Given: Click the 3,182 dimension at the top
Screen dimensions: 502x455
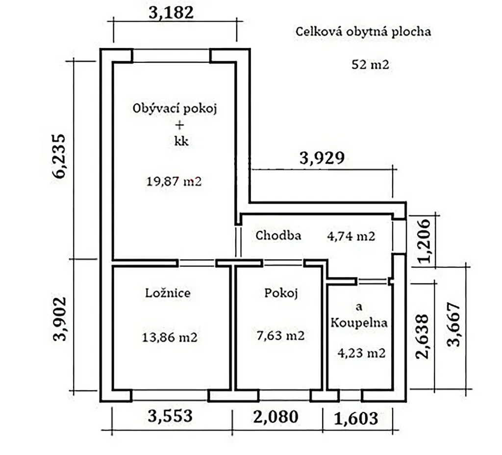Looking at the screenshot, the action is click(x=171, y=13).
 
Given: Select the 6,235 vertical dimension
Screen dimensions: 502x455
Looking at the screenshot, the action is click(x=59, y=156).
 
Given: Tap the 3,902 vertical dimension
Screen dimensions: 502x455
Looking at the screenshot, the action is click(x=59, y=319).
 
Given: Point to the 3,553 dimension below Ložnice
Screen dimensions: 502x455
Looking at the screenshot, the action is click(x=170, y=416).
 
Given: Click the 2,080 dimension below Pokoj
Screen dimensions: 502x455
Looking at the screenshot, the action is click(x=276, y=417).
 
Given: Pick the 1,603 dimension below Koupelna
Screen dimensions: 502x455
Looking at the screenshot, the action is click(x=356, y=418).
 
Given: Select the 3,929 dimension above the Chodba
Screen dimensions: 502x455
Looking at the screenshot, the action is click(x=322, y=158).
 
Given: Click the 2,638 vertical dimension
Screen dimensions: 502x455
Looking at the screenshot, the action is click(x=422, y=336).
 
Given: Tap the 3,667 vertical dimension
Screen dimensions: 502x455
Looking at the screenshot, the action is click(x=453, y=324).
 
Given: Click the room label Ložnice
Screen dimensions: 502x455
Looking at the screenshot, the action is click(x=168, y=293).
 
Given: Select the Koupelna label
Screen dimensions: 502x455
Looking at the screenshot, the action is click(x=359, y=322).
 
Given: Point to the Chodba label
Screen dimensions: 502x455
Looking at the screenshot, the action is click(x=278, y=235).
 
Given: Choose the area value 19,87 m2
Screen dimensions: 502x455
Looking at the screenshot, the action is click(x=174, y=181).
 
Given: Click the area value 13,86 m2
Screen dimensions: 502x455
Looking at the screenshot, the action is click(x=169, y=337).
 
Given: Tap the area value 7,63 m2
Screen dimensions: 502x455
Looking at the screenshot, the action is click(x=280, y=335).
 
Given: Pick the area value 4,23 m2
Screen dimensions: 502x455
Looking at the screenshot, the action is click(x=361, y=353).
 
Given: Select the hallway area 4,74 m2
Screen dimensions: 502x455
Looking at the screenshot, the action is click(x=351, y=236).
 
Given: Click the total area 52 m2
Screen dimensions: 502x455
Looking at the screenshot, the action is click(x=370, y=64).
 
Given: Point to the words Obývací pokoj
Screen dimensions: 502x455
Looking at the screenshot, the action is click(x=175, y=108).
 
